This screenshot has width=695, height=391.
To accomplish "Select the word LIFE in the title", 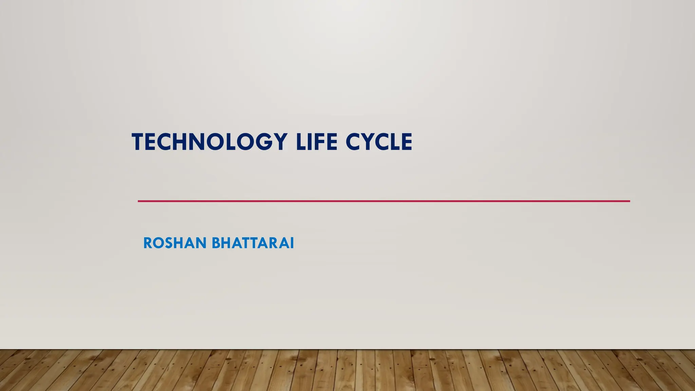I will pyautogui.click(x=316, y=142).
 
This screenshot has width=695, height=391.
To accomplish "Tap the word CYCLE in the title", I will pyautogui.click(x=379, y=142).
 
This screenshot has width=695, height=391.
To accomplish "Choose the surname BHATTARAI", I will pyautogui.click(x=253, y=243).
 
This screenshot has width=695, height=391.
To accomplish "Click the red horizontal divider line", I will pyautogui.click(x=383, y=201).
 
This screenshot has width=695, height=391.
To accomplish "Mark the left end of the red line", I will pyautogui.click(x=139, y=201).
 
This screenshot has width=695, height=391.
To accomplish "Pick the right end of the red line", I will pyautogui.click(x=629, y=201).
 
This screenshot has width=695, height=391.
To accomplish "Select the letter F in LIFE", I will pyautogui.click(x=320, y=142).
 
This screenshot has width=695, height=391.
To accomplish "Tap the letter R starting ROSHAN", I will pyautogui.click(x=148, y=243).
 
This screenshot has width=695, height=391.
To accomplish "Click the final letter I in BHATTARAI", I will pyautogui.click(x=292, y=243).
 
